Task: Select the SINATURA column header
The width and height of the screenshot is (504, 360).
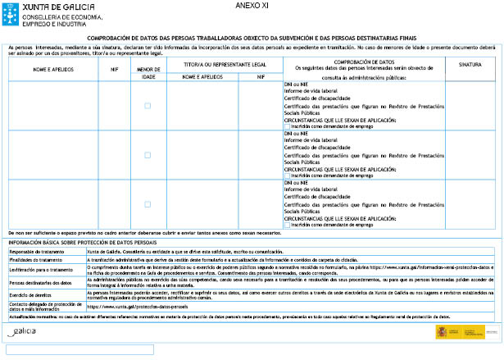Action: coord(470,63)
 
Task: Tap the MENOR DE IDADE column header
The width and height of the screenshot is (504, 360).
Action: coord(148,73)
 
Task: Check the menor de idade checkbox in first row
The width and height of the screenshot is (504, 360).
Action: coord(148,106)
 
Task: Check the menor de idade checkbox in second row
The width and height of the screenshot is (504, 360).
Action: coord(148,155)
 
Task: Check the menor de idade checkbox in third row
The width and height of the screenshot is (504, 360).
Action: coord(148,204)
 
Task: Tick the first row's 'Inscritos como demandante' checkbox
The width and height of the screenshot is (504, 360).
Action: coord(288,126)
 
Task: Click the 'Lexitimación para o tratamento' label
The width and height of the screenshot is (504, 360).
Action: coord(41,270)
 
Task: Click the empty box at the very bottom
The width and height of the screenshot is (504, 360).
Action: coord(79,350)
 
